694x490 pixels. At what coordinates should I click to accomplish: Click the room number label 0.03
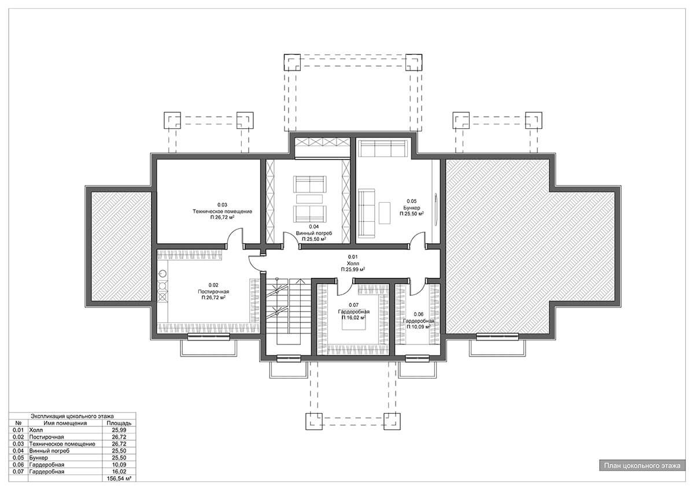tap(222, 205)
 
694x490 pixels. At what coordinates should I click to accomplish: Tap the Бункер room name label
tap(412, 207)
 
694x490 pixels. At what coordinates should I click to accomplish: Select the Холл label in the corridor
tap(353, 263)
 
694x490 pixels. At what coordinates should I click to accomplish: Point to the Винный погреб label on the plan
tap(314, 233)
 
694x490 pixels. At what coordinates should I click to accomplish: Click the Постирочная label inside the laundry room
tap(213, 292)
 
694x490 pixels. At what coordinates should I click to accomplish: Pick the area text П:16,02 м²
tap(353, 318)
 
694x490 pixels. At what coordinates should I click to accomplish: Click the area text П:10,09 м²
tap(419, 327)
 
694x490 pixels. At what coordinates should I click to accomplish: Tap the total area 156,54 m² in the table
tap(119, 478)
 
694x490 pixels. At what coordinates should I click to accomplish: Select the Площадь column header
tap(119, 423)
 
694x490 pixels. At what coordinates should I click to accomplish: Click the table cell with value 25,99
tap(119, 430)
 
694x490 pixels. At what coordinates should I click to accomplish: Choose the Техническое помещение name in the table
tap(62, 444)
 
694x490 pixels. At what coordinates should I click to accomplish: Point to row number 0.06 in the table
tap(19, 465)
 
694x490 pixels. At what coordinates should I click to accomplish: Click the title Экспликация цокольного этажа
tap(72, 417)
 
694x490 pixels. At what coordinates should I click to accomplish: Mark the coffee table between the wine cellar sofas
tap(309, 199)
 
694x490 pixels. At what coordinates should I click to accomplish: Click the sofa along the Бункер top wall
tap(383, 149)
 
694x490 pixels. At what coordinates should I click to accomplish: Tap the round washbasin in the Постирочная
tap(163, 274)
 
